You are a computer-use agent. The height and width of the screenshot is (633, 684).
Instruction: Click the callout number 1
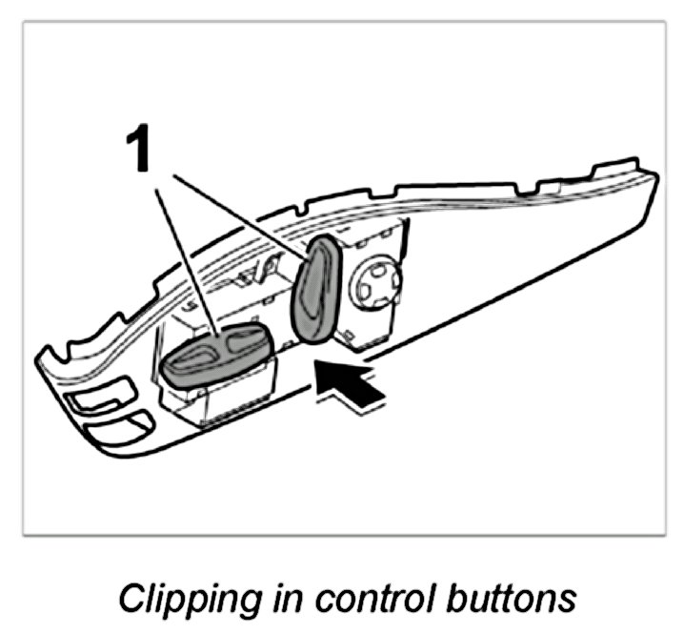(140, 151)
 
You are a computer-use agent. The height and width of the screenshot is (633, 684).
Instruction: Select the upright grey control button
(313, 288)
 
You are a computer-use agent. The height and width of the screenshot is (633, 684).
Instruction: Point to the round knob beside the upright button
(376, 283)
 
